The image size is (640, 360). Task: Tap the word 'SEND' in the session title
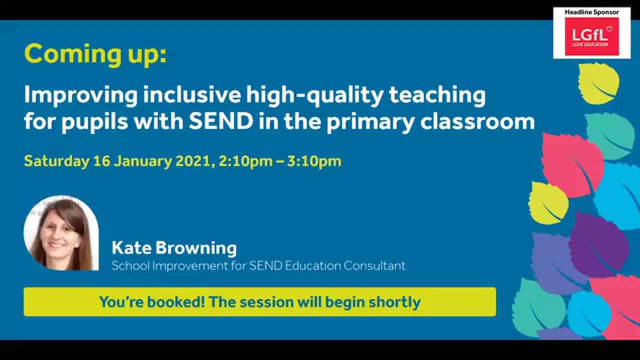220,122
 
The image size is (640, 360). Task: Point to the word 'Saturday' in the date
56,161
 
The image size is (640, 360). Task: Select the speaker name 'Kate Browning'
174,247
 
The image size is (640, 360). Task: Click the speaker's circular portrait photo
61,233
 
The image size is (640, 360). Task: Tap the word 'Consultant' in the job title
374,265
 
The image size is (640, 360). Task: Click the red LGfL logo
591,36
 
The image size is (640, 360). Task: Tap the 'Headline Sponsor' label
591,12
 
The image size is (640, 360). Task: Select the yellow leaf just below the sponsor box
598,83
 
